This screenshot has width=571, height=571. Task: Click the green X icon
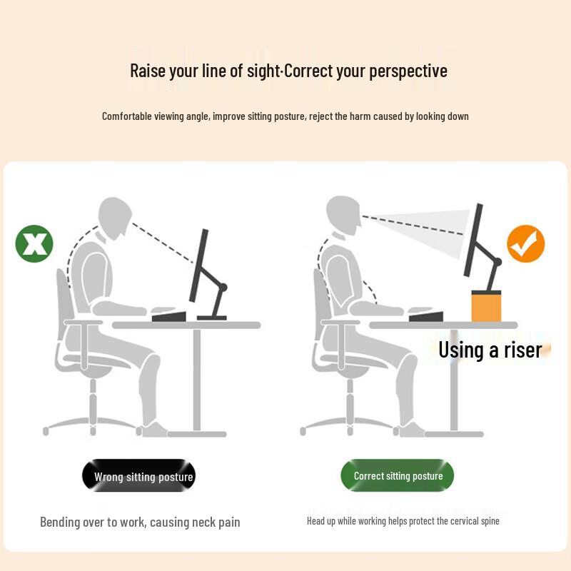(x=34, y=243)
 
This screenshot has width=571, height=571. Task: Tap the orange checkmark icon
(x=526, y=244)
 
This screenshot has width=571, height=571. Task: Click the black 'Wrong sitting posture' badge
(x=138, y=476)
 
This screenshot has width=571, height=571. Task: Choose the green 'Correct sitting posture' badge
(x=398, y=476)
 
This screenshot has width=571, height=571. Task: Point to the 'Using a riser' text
(x=490, y=350)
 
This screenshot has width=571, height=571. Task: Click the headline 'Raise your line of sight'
(x=206, y=71)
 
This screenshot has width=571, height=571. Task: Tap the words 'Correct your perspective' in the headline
(x=366, y=71)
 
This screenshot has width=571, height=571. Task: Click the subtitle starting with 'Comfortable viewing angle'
(x=285, y=116)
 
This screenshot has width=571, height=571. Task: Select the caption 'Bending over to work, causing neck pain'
(x=140, y=522)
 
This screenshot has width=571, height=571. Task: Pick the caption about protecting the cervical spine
(x=403, y=521)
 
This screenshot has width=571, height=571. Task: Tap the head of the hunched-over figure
(x=115, y=217)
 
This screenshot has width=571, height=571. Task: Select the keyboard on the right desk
(x=427, y=315)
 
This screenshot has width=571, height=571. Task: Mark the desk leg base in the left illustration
(x=196, y=433)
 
